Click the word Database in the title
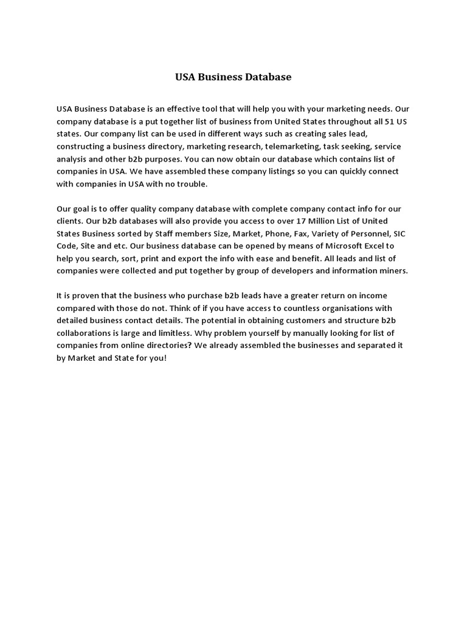click(268, 77)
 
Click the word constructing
click(81, 146)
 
